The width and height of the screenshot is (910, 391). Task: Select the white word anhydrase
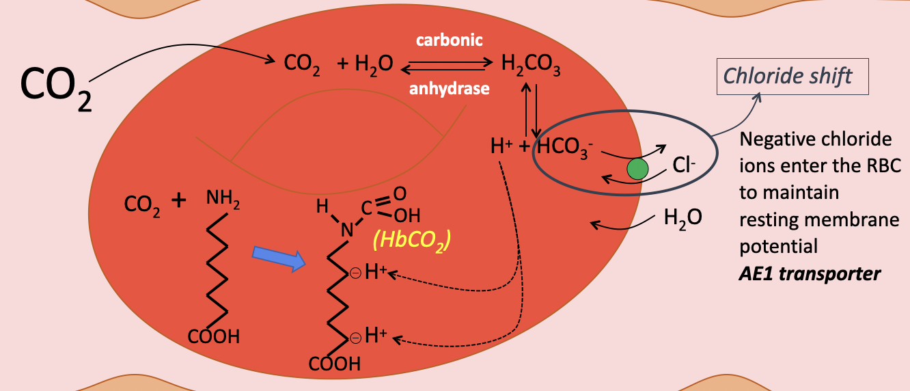450,88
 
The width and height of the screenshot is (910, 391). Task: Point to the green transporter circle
638,169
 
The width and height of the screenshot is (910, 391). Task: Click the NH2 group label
223,200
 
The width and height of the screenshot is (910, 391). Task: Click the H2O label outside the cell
682,219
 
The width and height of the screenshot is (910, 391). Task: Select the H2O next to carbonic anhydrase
374,65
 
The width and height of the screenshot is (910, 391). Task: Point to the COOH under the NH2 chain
214,336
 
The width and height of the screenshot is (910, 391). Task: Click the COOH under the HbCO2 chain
335,364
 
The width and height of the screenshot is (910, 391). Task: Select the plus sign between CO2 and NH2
178,200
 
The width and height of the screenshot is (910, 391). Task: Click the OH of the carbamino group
407,216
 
